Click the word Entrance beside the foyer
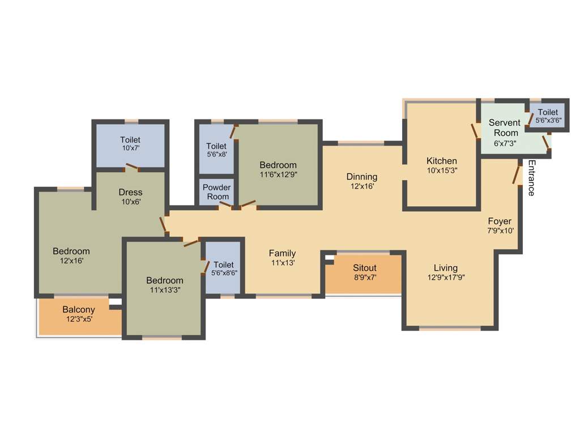pyautogui.click(x=531, y=178)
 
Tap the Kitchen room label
pyautogui.click(x=442, y=161)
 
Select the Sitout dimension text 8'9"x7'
pyautogui.click(x=365, y=278)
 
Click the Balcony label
pyautogui.click(x=79, y=310)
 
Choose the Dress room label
pyautogui.click(x=130, y=192)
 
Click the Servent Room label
pyautogui.click(x=504, y=127)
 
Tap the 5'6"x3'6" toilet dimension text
pyautogui.click(x=548, y=121)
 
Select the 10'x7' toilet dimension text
pyautogui.click(x=130, y=148)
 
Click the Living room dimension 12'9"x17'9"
pyautogui.click(x=446, y=278)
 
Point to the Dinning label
pyautogui.click(x=362, y=177)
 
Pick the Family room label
pyautogui.click(x=282, y=253)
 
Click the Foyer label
pyautogui.click(x=500, y=221)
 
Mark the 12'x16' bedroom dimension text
pyautogui.click(x=71, y=261)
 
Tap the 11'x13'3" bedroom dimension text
pyautogui.click(x=165, y=290)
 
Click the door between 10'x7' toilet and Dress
pyautogui.click(x=132, y=167)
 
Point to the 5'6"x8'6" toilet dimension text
pyautogui.click(x=224, y=273)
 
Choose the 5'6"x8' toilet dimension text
pyautogui.click(x=216, y=155)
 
